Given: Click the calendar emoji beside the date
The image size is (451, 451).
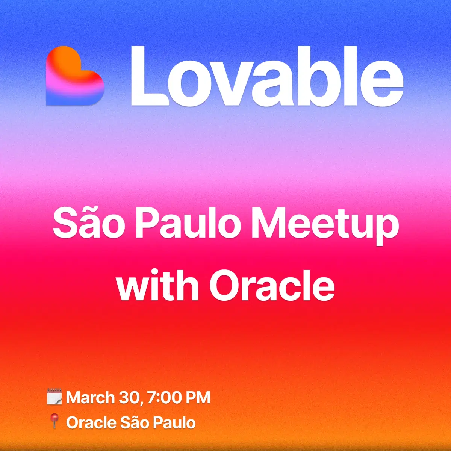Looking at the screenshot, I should pyautogui.click(x=54, y=397).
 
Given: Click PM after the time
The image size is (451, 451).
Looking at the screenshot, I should pyautogui.click(x=198, y=398).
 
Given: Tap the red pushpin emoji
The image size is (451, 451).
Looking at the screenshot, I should pyautogui.click(x=54, y=422).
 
